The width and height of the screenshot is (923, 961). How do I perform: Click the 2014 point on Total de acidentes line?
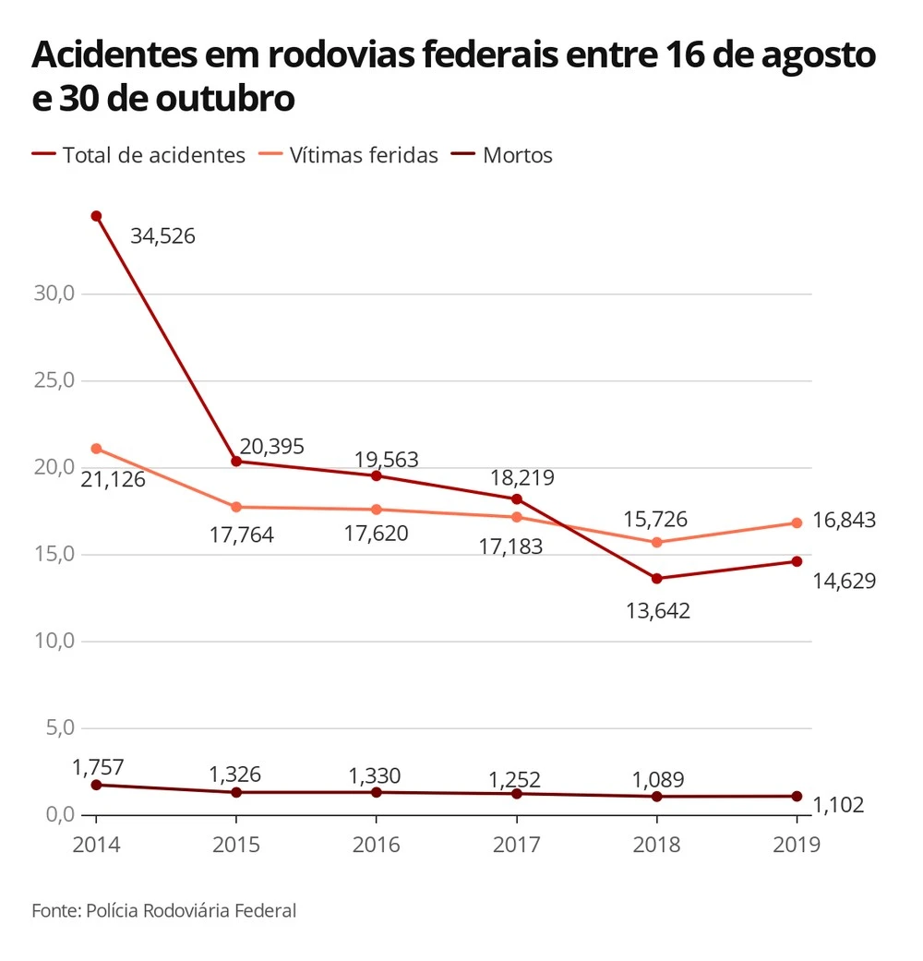coord(96,216)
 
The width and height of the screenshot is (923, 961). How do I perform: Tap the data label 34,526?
coord(162,236)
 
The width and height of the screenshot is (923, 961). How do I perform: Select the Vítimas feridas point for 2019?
coord(797,523)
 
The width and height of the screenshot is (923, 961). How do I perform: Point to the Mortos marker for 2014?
coord(96,785)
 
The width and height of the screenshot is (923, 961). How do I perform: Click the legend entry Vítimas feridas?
coord(364,155)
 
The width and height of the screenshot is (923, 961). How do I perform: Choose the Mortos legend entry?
coord(517,155)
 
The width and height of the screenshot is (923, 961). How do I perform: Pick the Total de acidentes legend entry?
coord(153,155)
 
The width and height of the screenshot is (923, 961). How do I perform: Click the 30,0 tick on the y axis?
coord(54,294)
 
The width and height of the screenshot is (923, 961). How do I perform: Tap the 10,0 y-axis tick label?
coord(54,641)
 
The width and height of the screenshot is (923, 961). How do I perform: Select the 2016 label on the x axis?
coord(377,844)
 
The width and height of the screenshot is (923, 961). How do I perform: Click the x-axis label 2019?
coord(796,844)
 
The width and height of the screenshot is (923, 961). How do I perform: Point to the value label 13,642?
coord(657,611)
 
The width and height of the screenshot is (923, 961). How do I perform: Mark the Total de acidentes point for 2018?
coord(657,579)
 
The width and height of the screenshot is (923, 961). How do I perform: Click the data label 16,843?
coord(845,521)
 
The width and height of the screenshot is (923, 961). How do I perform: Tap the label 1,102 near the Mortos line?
coord(838,806)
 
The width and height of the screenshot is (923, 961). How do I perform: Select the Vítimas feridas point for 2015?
coord(236,507)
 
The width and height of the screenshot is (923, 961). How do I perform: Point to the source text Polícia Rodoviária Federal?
coord(192,911)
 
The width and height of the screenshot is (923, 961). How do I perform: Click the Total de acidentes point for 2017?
coord(517,499)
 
